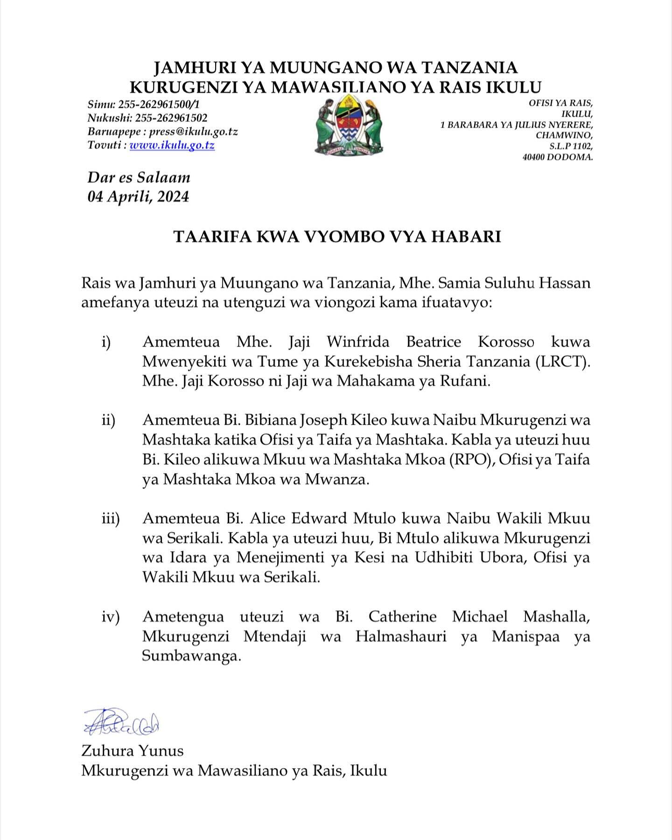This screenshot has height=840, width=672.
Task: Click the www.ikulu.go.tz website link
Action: point(172,145)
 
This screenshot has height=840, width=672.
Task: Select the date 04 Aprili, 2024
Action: point(138,196)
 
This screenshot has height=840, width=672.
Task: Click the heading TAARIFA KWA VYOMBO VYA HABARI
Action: point(337,237)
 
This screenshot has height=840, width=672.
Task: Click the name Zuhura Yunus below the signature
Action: point(132,750)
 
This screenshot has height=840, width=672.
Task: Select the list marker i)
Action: point(106,342)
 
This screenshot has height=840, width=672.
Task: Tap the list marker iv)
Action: point(111,617)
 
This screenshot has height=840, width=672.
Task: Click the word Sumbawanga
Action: point(191,656)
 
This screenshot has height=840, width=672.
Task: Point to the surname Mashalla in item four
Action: point(556,617)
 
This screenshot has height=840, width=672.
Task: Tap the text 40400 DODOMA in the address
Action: point(558,157)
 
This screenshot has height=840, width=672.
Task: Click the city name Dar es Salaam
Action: point(139,177)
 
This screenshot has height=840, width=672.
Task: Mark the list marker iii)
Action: point(111,518)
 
